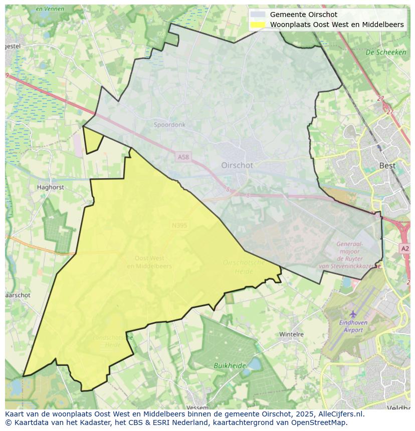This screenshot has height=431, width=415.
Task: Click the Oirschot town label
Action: point(237,165)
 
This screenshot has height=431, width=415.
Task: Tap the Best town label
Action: point(387,165)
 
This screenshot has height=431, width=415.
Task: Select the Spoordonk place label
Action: point(169,125)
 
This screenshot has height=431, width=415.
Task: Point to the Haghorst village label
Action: point(50,187)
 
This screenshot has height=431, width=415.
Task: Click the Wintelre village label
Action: point(292,334)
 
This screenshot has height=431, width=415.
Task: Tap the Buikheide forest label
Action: point(230,365)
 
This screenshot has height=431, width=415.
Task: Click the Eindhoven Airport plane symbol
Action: point(353,314)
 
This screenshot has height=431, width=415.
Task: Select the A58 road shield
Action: point(183,157)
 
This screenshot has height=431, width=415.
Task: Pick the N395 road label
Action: point(179,226)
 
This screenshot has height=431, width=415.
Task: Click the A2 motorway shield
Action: point(405,248)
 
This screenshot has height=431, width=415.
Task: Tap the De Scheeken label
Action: point(386,52)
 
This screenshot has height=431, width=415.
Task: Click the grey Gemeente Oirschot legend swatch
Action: point(258,15)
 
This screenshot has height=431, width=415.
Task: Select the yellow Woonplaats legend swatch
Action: point(258,25)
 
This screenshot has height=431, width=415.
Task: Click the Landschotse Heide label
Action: point(113,341)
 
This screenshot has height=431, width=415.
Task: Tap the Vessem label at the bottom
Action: point(197,407)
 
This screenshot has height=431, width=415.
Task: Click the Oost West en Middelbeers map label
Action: point(149,262)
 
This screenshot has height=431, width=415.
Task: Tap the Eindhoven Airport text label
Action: point(353,326)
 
